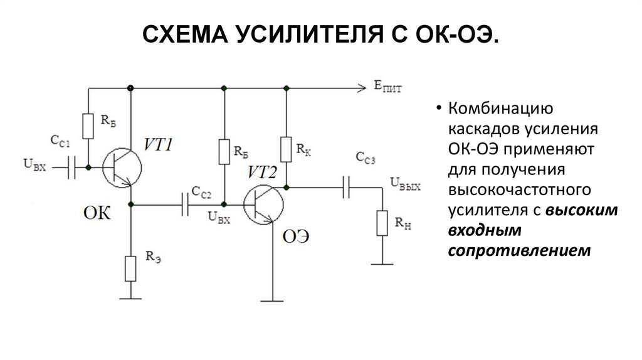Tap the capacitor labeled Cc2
tap(185, 204)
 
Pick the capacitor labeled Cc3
tap(345, 186)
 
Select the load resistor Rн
tap(381, 223)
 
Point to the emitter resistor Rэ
tap(130, 268)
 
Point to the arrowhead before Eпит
tap(361, 87)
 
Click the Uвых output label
tap(405, 183)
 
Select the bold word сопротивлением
tap(520, 250)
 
